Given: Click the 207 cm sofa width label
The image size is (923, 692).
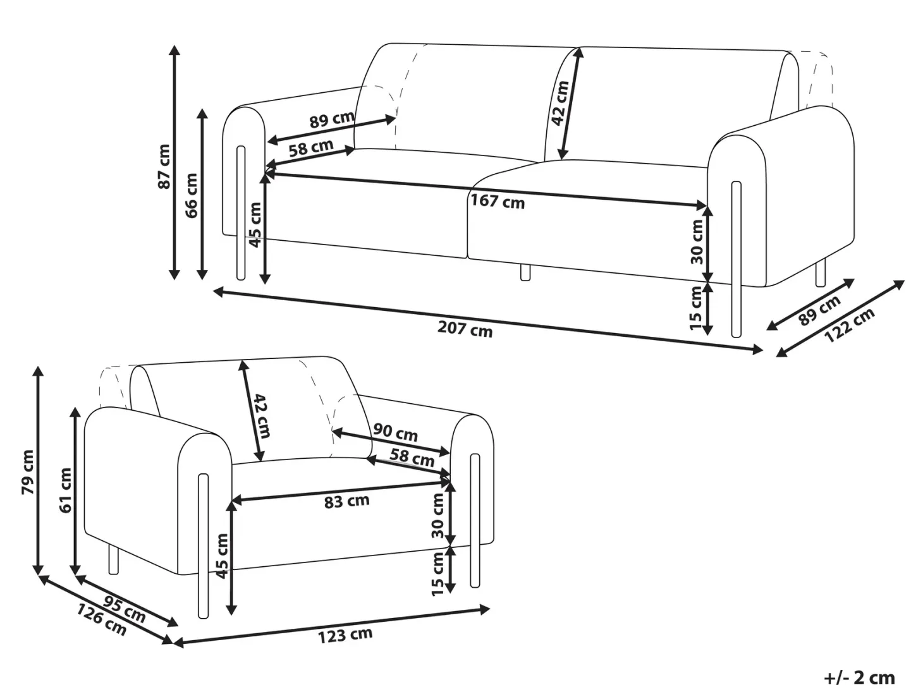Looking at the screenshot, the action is (x=465, y=329).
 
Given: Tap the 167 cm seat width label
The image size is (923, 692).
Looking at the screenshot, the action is (x=498, y=201).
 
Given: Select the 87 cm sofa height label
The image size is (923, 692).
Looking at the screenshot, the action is (x=164, y=166).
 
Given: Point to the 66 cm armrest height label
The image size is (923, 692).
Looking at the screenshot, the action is (x=191, y=195).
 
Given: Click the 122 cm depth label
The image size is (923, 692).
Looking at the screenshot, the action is (x=849, y=325).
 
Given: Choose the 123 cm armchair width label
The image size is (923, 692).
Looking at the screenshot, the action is (x=345, y=635).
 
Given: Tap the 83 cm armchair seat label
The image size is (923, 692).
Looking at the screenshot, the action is (x=347, y=501).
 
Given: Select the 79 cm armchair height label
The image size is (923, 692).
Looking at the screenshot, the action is (x=28, y=472).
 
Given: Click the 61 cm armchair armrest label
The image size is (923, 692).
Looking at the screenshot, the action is (x=66, y=490).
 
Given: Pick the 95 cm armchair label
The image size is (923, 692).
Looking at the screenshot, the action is (x=125, y=608).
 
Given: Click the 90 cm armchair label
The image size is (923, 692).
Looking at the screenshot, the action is (x=396, y=433).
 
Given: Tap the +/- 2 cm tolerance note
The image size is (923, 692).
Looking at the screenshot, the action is (x=860, y=677).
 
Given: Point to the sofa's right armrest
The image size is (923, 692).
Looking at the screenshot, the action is (x=781, y=197).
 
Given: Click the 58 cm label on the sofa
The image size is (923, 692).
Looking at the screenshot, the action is (x=311, y=147).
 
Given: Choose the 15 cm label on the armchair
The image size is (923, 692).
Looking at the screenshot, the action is (x=437, y=574).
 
